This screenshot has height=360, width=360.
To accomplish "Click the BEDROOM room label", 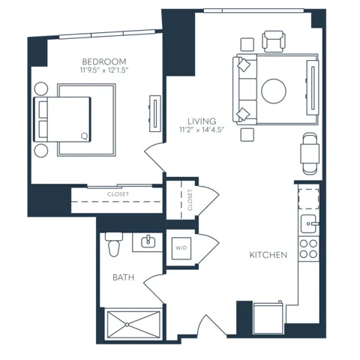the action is click(104, 61).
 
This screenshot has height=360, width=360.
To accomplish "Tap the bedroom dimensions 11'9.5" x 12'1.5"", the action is click(104, 70).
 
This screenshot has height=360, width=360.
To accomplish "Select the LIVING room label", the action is click(202, 121).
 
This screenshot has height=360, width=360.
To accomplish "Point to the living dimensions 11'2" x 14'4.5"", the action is click(202, 130).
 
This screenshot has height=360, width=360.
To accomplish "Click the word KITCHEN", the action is click(268, 255).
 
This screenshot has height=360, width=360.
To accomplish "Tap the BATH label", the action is click(124, 277).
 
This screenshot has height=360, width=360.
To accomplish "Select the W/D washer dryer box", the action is click(181, 248).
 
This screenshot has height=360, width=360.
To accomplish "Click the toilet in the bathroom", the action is click(114, 244).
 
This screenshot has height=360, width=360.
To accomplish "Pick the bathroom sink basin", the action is click(148, 241).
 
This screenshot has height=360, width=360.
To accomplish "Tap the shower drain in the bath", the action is click(127, 325).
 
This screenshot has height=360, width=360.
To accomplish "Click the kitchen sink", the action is click(308, 224).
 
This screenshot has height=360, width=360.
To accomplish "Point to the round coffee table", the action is click(274, 91).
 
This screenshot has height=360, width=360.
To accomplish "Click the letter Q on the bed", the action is click(85, 136).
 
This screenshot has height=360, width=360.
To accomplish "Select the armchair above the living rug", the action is click(274, 41).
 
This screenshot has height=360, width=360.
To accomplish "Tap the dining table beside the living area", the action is click(310, 154).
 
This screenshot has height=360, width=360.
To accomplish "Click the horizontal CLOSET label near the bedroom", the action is click(118, 194).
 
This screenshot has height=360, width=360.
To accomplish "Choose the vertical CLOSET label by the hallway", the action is click(190, 200).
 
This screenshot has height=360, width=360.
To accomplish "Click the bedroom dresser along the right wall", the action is click(155, 113).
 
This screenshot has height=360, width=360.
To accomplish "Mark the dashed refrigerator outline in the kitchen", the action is click(308, 199).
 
